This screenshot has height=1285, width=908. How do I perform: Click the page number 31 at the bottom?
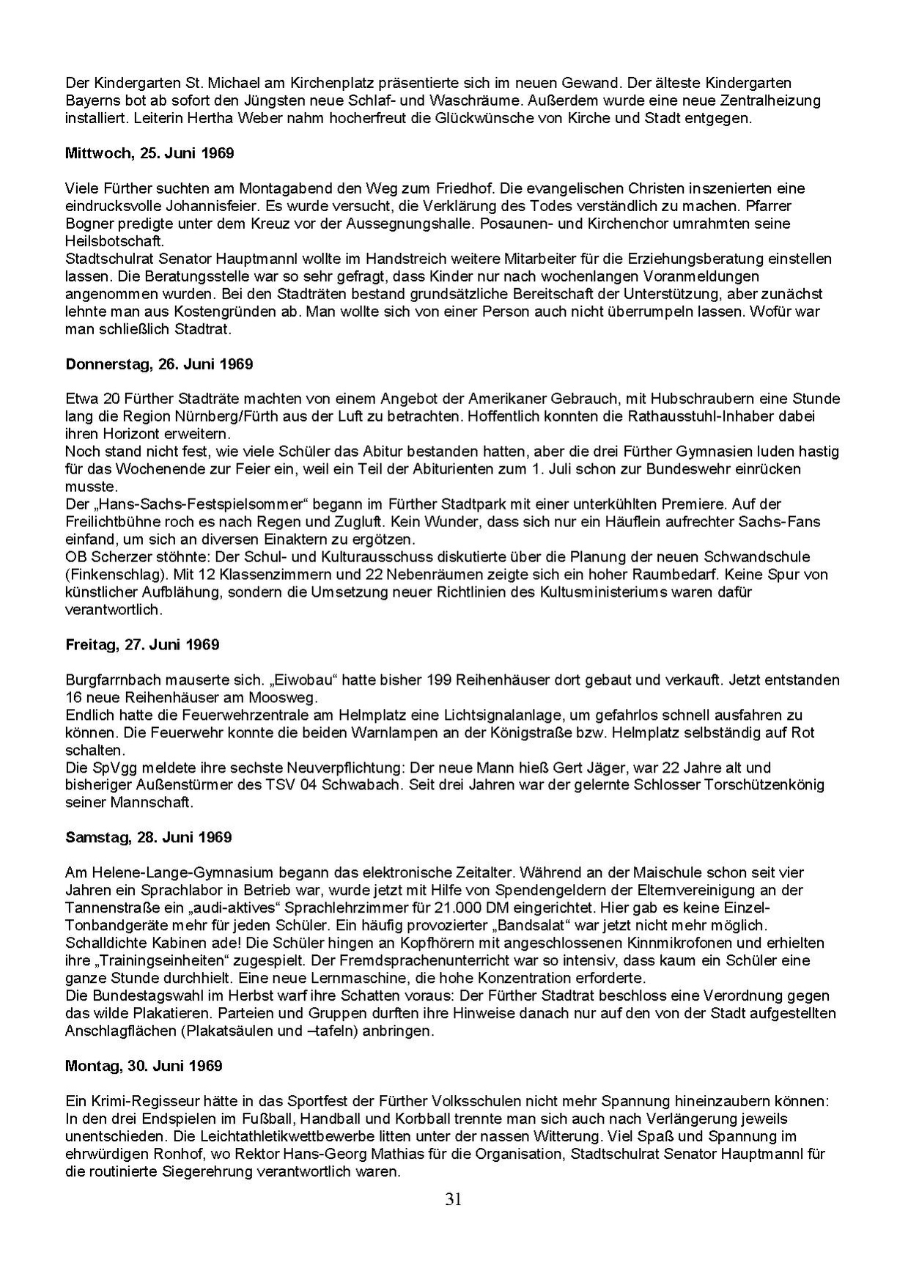pos(453,1199)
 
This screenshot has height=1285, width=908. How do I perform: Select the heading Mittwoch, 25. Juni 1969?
pos(150,153)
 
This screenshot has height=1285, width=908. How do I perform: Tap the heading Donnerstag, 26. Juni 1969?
pos(159,364)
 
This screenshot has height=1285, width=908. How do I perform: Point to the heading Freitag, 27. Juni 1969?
pos(142,644)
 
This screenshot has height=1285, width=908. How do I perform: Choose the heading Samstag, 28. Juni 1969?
pos(148,837)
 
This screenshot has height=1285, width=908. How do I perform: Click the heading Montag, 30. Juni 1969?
pos(144,1065)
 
